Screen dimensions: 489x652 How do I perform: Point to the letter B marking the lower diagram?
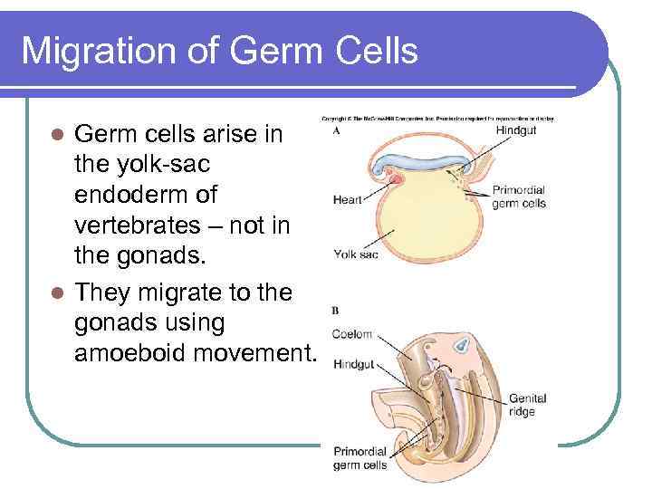[x=335, y=311]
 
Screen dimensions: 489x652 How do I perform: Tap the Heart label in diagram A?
[x=349, y=198]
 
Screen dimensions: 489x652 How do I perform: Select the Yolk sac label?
[x=355, y=254]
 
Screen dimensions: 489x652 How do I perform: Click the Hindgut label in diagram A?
[x=516, y=131]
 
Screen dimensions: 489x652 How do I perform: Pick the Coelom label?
[x=352, y=334]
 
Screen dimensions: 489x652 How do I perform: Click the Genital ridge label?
[x=527, y=405]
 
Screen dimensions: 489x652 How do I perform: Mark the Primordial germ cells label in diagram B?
[x=360, y=458]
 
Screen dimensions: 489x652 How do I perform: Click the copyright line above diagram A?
[x=438, y=119]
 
